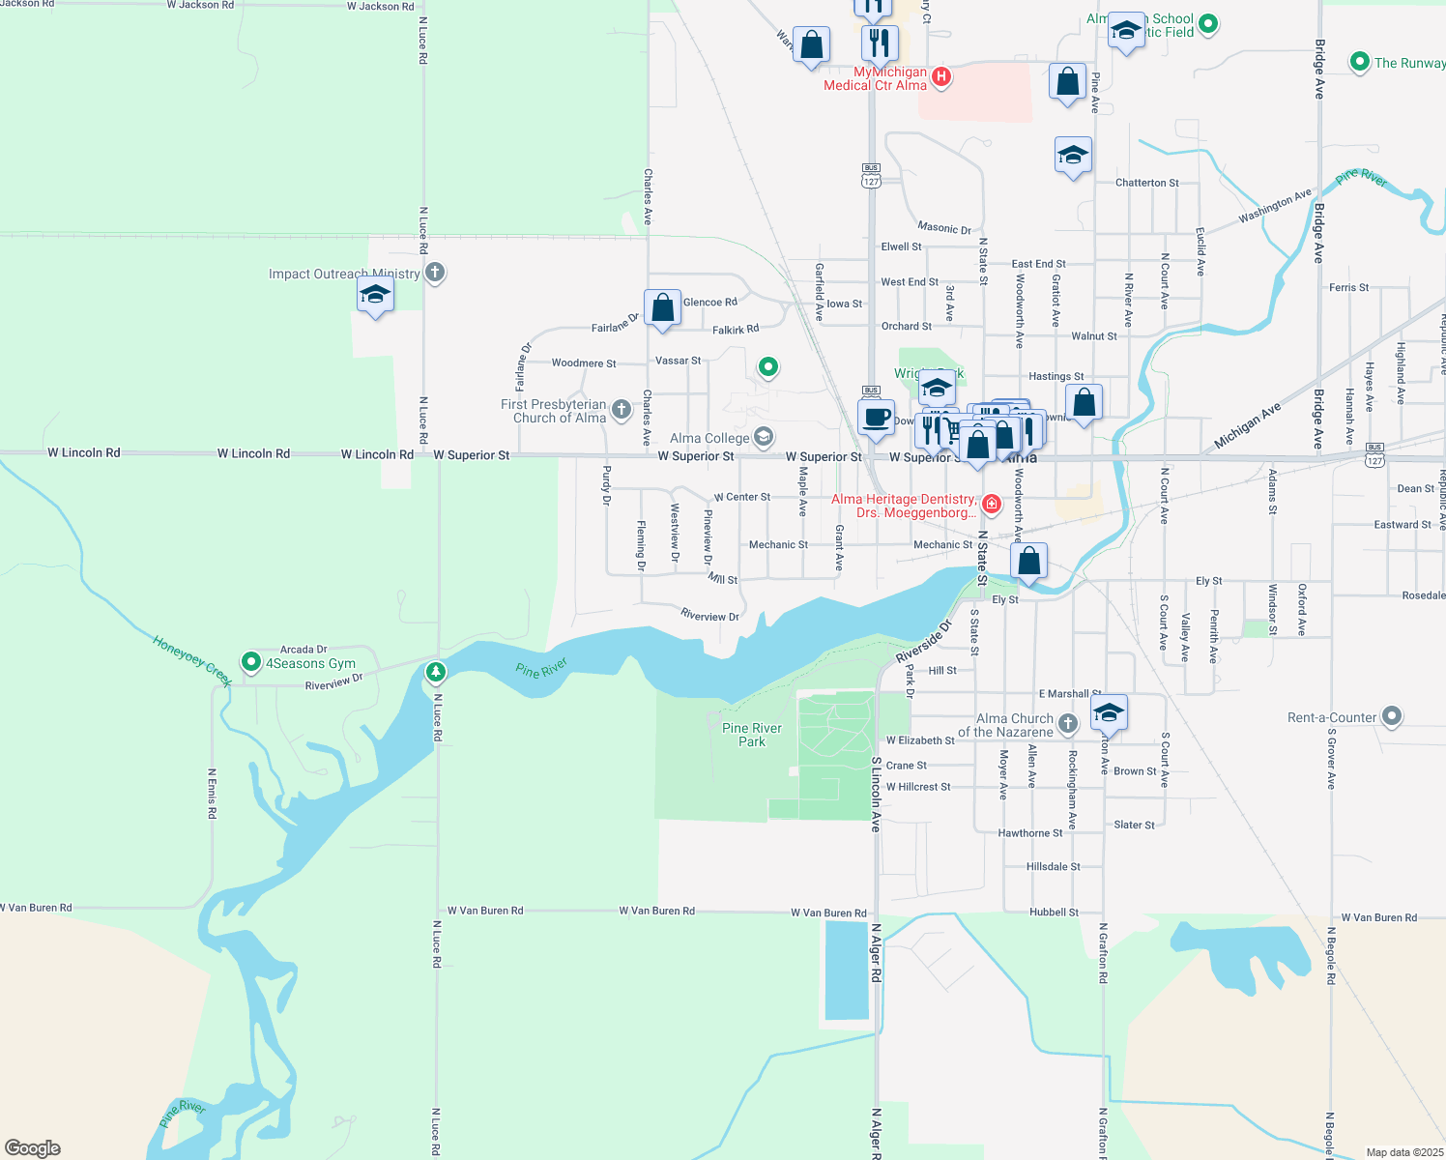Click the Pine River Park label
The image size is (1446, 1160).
pos(752,735)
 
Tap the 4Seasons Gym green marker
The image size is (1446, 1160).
pos(251,662)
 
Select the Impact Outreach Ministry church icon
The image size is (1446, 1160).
pos(435,273)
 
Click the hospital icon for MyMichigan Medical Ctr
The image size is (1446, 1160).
pos(941,76)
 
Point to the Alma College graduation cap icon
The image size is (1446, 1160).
pos(764,438)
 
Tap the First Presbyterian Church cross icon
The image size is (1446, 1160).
pos(622,410)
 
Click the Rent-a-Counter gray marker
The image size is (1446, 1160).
pos(1392,716)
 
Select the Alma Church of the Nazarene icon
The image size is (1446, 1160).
pos(1067,723)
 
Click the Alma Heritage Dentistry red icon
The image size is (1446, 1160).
pos(991,504)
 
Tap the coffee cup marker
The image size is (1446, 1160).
pos(877,417)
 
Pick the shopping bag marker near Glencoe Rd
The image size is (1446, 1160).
pos(663,308)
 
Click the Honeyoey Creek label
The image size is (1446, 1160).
pos(192,660)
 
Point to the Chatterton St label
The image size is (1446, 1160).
pos(1146,183)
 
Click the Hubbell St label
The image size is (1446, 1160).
pos(1054,913)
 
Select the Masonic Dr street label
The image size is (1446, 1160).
pos(944,228)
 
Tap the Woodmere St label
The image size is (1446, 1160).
pos(583,363)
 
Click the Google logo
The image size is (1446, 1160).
pos(33,1148)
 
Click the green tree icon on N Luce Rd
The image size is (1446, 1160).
pos(436,671)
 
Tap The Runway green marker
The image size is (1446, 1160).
pos(1360,63)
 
